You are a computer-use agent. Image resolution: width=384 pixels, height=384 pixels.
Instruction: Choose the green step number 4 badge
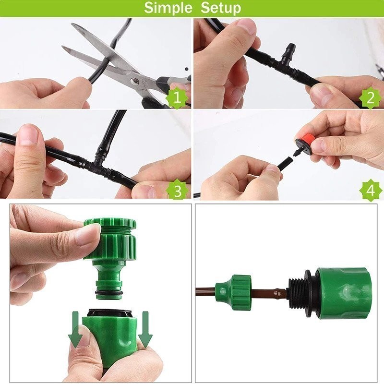[x=370, y=191]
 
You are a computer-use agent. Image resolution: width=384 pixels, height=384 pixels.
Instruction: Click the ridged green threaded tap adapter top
[x=110, y=238]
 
